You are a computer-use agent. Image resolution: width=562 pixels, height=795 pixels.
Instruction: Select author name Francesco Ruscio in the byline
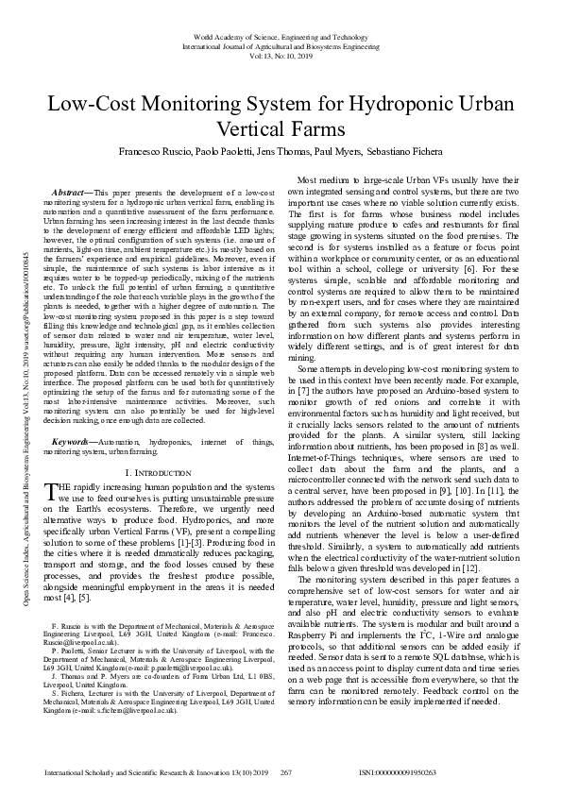[153, 152]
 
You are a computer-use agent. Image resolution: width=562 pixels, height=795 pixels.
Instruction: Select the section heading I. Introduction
[160, 471]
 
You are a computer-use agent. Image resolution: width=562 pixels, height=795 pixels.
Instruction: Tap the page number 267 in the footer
[286, 772]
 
